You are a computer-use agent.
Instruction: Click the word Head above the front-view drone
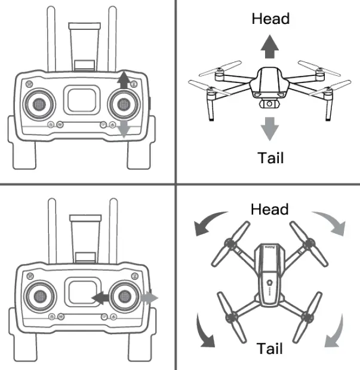pos(270,19)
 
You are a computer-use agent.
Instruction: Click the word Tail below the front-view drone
pos(270,158)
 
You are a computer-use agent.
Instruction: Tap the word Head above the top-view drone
pos(269,209)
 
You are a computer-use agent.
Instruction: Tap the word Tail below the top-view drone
pos(270,348)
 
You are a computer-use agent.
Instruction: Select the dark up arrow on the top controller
pos(124,79)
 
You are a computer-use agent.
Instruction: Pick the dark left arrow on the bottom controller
pos(100,296)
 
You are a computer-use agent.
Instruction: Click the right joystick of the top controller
pos(124,103)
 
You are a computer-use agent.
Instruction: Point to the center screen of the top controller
pos(82,99)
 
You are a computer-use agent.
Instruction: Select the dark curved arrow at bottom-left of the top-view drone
pos(206,332)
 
